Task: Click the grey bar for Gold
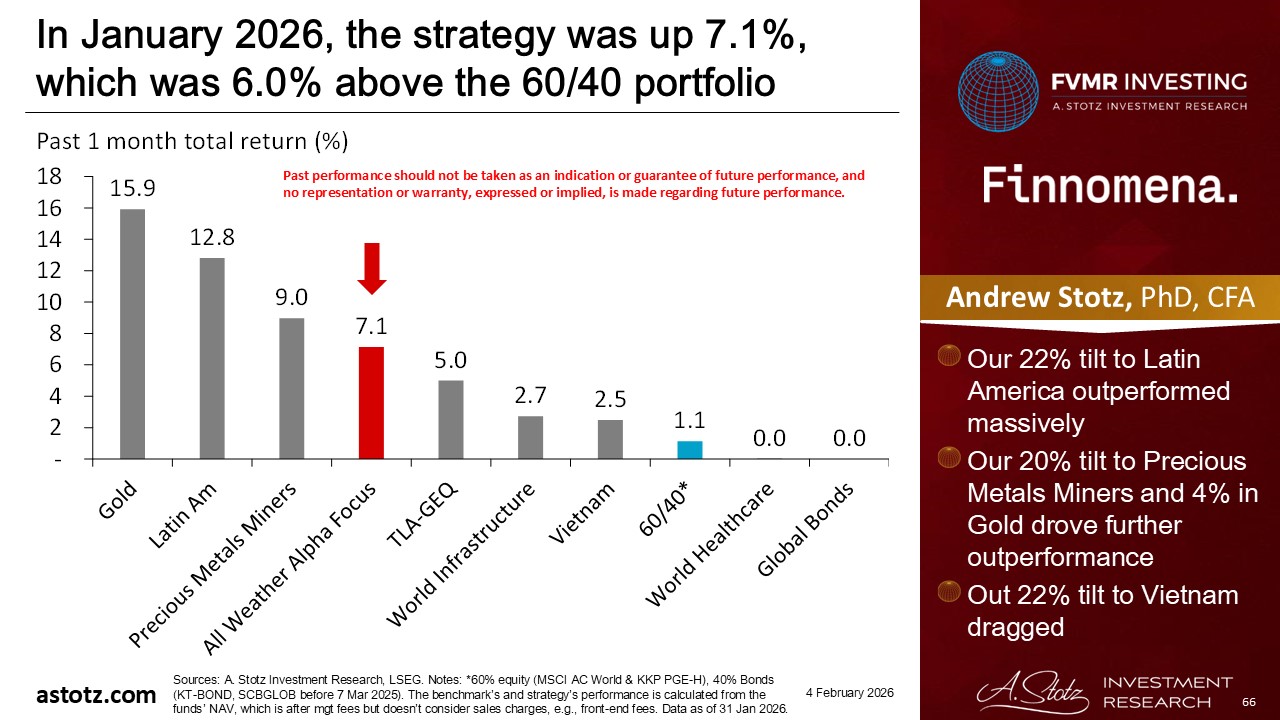tap(133, 334)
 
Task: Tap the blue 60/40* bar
tap(690, 450)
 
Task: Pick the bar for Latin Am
tap(212, 358)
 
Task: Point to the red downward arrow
tap(372, 268)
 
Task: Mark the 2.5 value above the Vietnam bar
tap(610, 399)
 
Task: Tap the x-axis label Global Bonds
tap(806, 531)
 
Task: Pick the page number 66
tap(1248, 704)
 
